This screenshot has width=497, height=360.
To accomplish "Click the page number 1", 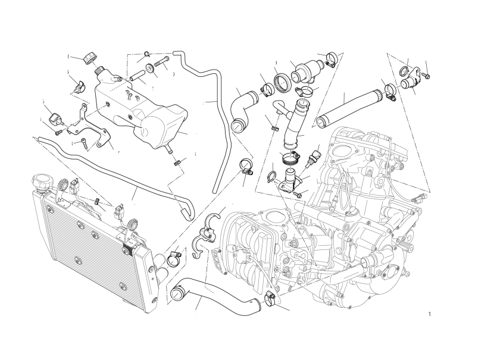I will pyautogui.click(x=429, y=313).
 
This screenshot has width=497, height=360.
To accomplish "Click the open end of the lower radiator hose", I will pyautogui.click(x=176, y=295).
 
